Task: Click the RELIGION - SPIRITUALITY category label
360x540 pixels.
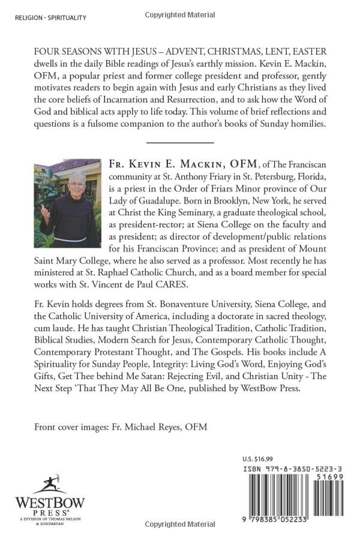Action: point(51,18)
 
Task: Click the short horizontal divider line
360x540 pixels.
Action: point(180,142)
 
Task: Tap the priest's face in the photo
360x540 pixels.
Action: point(77,182)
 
